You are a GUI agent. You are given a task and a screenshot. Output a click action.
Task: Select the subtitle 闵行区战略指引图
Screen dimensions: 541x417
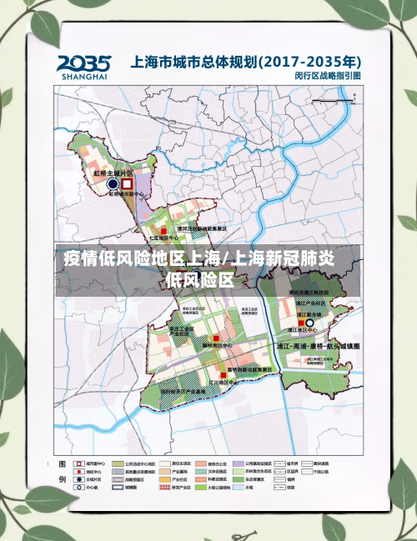pyautogui.click(x=329, y=76)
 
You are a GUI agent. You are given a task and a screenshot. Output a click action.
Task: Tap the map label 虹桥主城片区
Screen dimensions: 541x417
pyautogui.click(x=113, y=173)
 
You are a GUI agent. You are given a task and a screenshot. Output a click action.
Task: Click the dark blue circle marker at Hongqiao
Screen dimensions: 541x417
pyautogui.click(x=113, y=183)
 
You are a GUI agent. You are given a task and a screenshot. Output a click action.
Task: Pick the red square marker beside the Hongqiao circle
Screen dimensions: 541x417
pyautogui.click(x=128, y=183)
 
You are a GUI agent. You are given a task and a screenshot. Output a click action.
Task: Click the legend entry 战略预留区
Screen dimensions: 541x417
pyautogui.click(x=137, y=481)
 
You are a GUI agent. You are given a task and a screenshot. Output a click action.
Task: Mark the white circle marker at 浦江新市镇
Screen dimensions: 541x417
pyautogui.click(x=309, y=322)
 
